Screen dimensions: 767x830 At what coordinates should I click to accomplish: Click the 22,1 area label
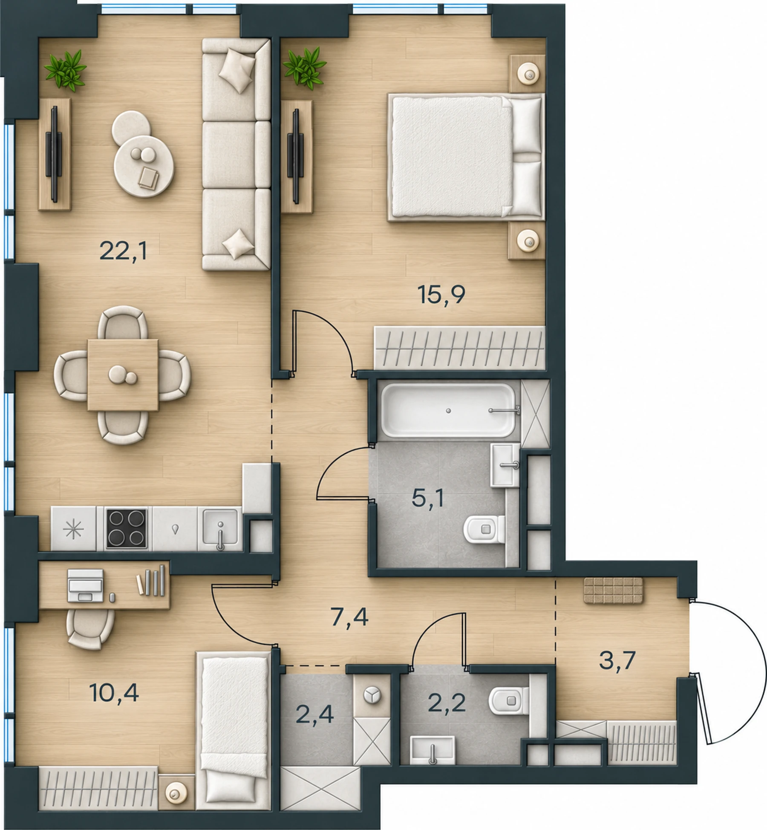pos(123,251)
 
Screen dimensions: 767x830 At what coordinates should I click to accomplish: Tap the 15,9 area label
pos(441,295)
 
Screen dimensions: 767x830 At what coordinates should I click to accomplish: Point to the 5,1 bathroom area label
pos(428,497)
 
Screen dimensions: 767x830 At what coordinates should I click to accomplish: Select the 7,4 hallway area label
pos(349,617)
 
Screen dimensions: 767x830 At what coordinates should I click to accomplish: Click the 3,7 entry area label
pos(617,660)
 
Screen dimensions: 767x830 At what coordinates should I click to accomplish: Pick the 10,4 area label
pos(114,693)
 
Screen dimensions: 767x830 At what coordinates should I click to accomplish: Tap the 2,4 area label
pos(314,714)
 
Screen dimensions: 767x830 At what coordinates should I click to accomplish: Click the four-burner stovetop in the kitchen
pos(127,528)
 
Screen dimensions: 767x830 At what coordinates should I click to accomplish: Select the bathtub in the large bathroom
pos(448,410)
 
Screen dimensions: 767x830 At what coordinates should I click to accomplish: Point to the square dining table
pos(123,375)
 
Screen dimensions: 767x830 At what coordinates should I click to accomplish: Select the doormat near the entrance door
pos(614,591)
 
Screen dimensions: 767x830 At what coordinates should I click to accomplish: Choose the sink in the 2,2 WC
pos(432,749)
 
